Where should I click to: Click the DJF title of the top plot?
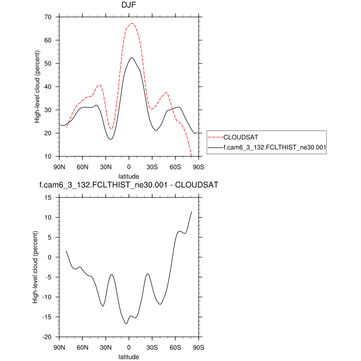(129, 7)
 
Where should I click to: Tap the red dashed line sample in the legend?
(215, 138)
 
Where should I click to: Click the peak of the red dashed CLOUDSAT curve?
(132, 23)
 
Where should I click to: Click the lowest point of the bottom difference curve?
(126, 324)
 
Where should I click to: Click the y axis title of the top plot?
(37, 87)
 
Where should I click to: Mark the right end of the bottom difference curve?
(191, 211)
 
